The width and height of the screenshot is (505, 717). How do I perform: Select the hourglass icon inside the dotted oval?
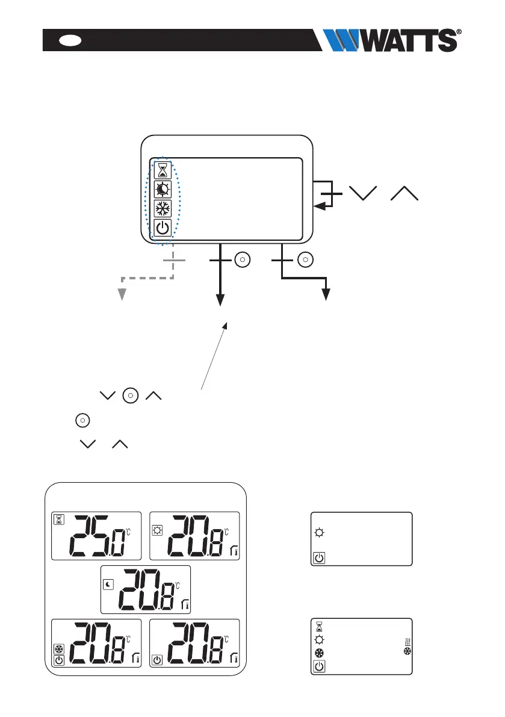pos(163,169)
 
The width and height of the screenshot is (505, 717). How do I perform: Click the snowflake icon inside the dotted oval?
pos(163,209)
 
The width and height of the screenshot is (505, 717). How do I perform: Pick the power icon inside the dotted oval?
pos(163,229)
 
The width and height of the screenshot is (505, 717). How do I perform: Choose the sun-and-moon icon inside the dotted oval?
pos(163,189)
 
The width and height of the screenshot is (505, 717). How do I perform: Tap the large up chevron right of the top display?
pos(403,194)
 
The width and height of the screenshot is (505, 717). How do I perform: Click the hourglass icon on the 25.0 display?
pos(59,520)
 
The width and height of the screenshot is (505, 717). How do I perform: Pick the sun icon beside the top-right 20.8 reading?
pos(157,520)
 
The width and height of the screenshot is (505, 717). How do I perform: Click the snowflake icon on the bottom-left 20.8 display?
pos(59,649)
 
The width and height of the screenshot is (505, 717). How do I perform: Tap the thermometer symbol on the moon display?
pos(185,605)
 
